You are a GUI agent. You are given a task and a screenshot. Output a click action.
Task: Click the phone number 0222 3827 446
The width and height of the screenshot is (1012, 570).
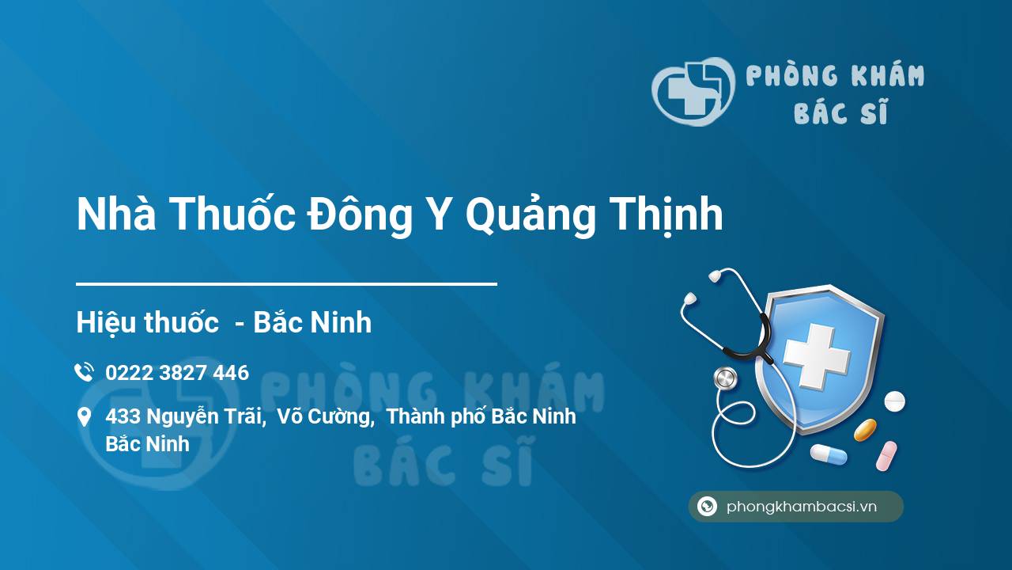pyautogui.click(x=177, y=373)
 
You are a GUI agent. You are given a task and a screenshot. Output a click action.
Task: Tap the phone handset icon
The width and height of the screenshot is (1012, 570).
pyautogui.click(x=84, y=372)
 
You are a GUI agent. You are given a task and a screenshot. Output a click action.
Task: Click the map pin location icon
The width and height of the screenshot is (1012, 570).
pyautogui.click(x=84, y=417)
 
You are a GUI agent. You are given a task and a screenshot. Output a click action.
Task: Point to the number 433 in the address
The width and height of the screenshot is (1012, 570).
pyautogui.click(x=123, y=416)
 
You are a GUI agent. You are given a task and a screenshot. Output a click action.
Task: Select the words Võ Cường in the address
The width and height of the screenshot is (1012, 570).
pyautogui.click(x=325, y=416)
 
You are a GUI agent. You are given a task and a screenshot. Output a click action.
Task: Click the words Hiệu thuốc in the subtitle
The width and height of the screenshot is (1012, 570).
pyautogui.click(x=147, y=322)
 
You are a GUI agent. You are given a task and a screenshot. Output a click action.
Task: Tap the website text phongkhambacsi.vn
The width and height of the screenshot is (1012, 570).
pyautogui.click(x=802, y=506)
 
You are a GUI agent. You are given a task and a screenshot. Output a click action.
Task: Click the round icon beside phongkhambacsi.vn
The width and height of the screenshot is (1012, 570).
pyautogui.click(x=707, y=506)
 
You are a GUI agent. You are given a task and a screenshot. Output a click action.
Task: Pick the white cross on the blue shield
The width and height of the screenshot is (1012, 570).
pyautogui.click(x=817, y=356)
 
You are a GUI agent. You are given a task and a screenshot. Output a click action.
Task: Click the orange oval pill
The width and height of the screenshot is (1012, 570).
pyautogui.click(x=865, y=430)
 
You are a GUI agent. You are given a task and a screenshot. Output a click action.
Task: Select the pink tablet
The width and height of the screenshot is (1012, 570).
pyautogui.click(x=886, y=456)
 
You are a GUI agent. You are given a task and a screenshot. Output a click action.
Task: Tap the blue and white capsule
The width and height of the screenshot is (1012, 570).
pyautogui.click(x=829, y=454)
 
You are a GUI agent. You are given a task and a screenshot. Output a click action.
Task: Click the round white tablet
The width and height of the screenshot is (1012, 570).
pyautogui.click(x=894, y=401)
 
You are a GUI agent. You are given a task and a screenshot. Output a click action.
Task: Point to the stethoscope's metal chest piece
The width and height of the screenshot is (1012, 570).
pyautogui.click(x=725, y=378)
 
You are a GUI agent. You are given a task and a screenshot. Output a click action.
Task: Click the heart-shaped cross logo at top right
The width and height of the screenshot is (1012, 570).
pyautogui.click(x=693, y=91)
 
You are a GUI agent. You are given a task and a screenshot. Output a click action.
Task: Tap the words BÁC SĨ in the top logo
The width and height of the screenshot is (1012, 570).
pyautogui.click(x=841, y=112)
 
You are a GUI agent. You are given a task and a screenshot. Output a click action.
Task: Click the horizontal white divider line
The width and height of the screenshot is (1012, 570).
pyautogui.click(x=286, y=284)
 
